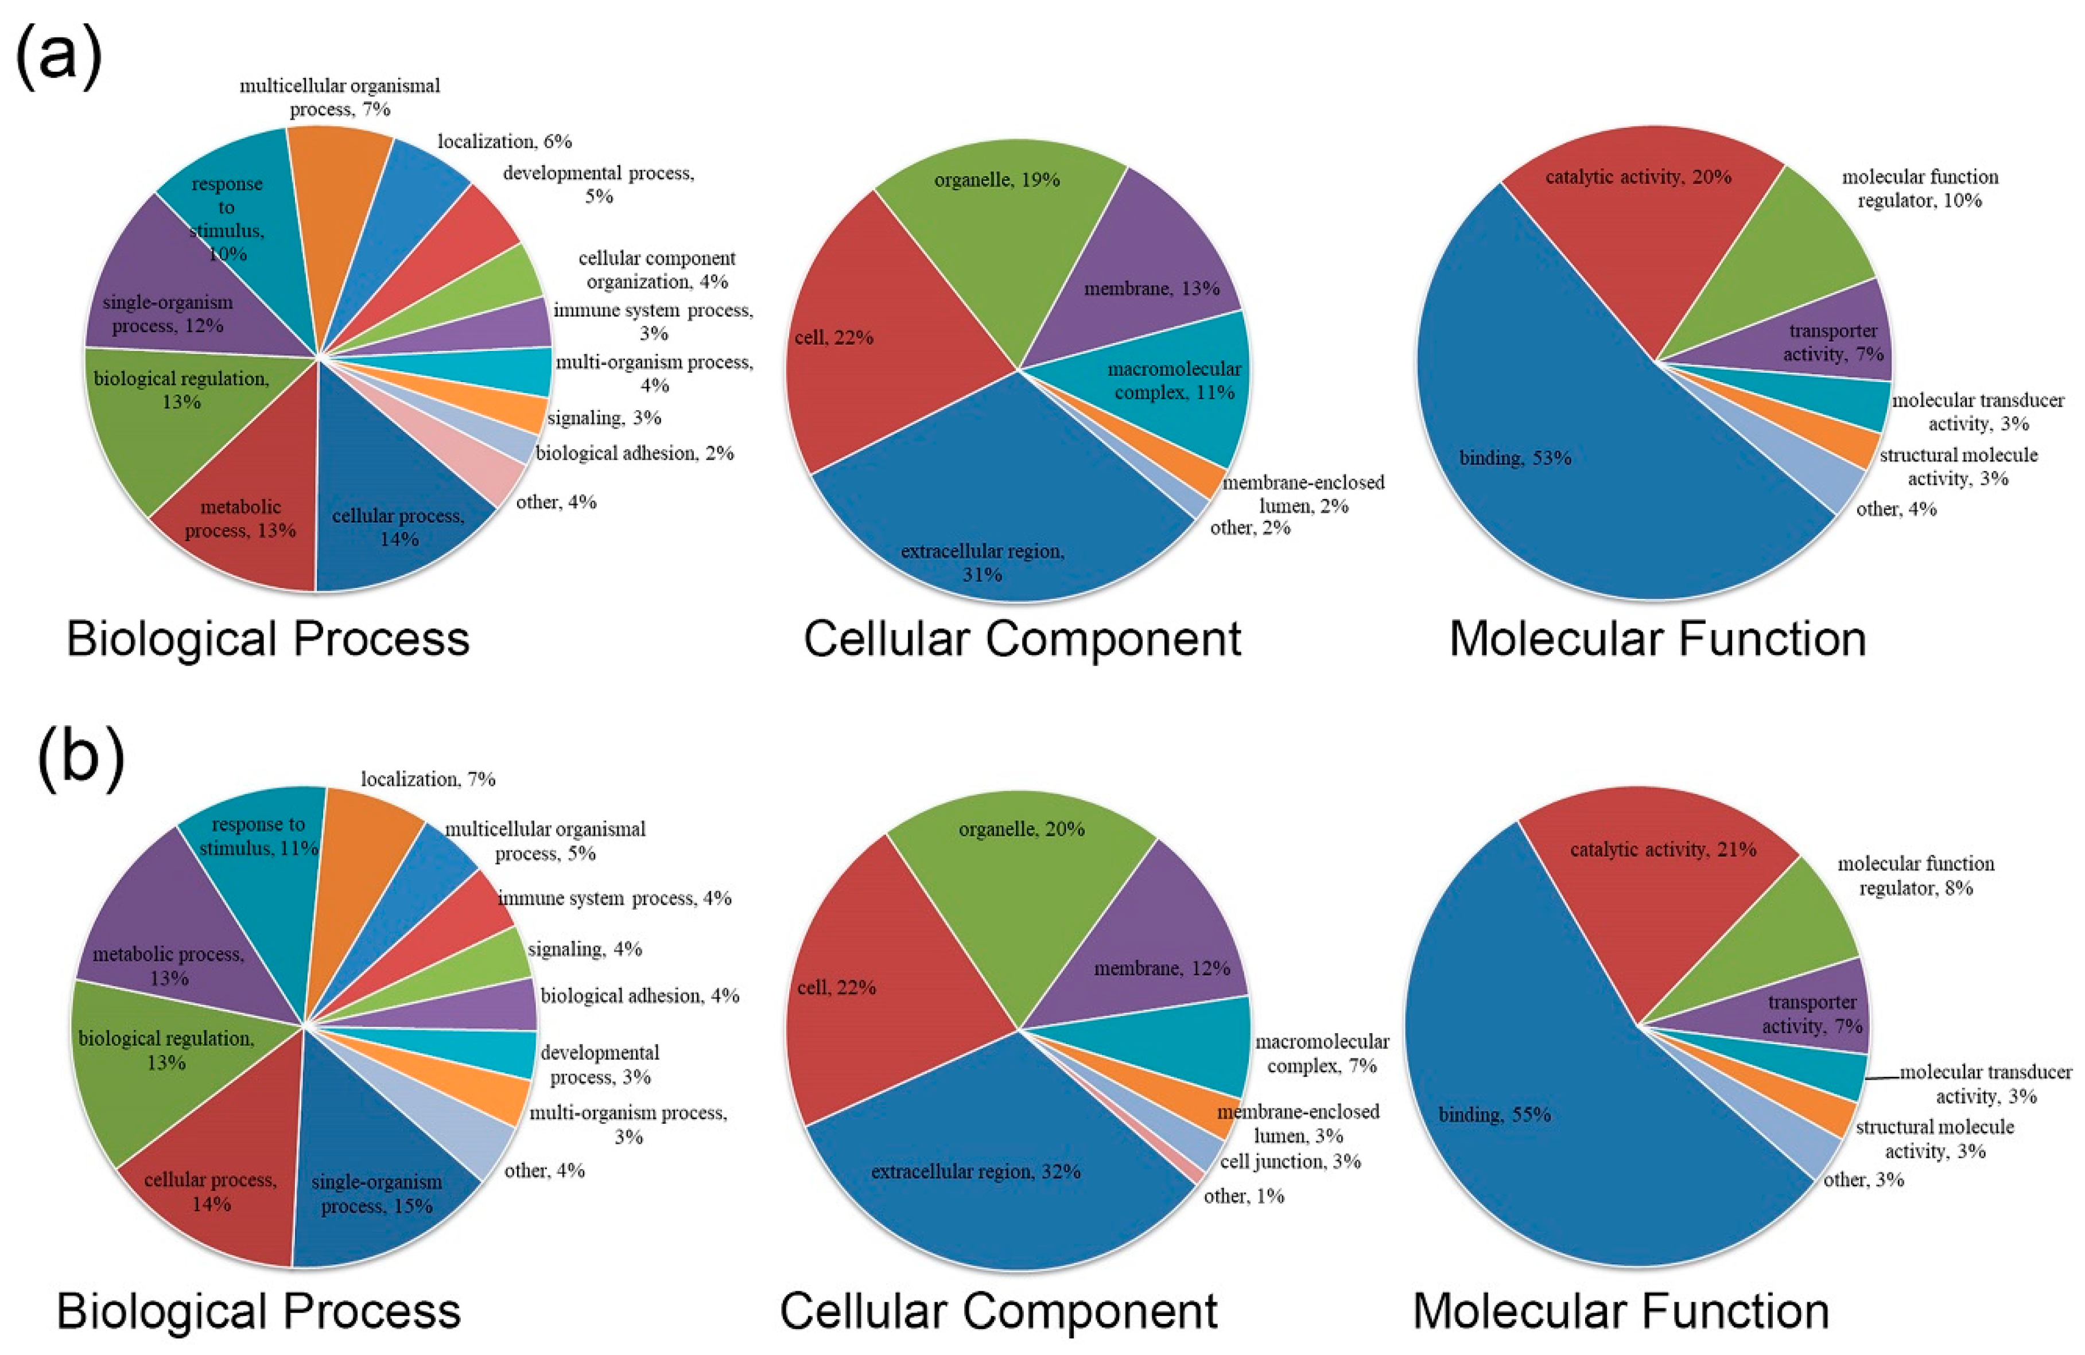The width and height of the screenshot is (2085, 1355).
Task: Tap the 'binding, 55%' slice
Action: coord(1524,1130)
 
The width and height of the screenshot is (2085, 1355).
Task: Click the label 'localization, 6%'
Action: coord(504,141)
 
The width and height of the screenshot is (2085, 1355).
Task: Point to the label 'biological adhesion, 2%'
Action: coord(634,453)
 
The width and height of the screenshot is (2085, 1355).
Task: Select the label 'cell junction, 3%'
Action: coord(1290,1162)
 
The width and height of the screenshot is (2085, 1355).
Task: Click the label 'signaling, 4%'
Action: coord(584,949)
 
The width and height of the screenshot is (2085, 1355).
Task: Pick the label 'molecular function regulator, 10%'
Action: coord(1919,188)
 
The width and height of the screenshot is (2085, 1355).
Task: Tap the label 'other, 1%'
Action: coord(1244,1196)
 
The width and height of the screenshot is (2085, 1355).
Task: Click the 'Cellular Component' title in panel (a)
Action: coord(1022,638)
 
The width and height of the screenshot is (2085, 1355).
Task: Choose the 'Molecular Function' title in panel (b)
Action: coord(1621,1311)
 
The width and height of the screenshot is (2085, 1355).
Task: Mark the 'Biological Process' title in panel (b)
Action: coord(258,1311)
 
